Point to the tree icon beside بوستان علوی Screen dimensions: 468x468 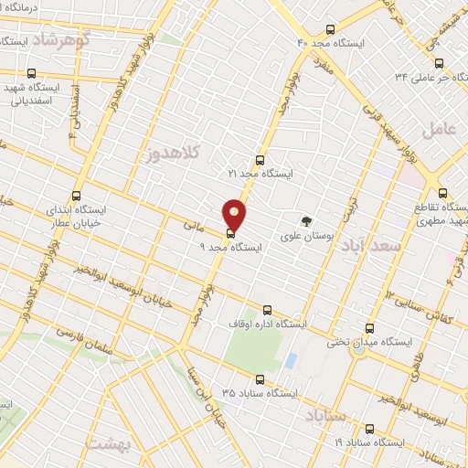click(307, 219)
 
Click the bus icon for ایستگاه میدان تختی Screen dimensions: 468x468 click(369, 327)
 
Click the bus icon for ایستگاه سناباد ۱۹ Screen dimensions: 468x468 click(369, 428)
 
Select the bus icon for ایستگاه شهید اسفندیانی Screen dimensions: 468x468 click(32, 74)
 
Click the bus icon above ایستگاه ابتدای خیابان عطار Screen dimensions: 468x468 click(76, 195)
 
